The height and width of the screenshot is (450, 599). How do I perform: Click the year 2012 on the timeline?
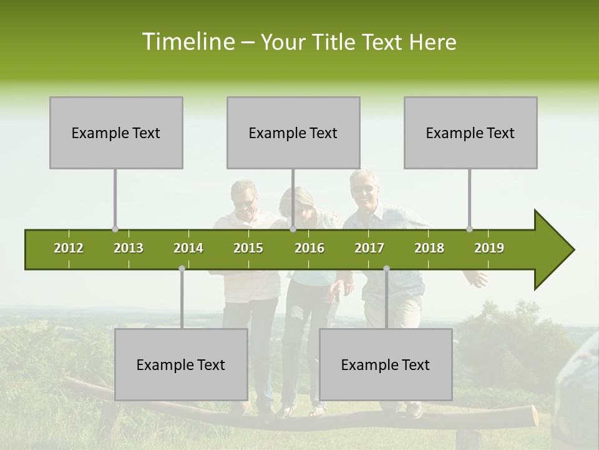click(69, 248)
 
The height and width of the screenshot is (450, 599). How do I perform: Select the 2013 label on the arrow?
click(129, 248)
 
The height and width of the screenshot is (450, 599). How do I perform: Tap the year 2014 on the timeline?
click(188, 248)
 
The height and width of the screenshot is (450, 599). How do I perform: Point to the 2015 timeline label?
click(248, 248)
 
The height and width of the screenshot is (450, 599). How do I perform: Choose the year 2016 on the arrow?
click(309, 248)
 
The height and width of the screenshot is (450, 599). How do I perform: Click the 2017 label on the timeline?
click(369, 248)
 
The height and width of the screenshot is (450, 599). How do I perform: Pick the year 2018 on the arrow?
click(429, 248)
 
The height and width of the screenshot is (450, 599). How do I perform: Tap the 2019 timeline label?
click(489, 248)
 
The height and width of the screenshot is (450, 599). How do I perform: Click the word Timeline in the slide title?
click(187, 42)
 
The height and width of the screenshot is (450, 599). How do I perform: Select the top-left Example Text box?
click(116, 132)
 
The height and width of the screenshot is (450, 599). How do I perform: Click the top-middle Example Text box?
click(293, 132)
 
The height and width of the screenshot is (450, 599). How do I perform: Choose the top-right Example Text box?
click(470, 132)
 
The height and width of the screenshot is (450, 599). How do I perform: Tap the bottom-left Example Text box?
click(181, 364)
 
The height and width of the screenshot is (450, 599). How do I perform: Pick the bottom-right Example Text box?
click(386, 364)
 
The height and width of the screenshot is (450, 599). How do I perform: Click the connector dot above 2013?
click(115, 229)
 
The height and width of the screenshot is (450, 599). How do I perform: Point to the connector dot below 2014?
click(182, 268)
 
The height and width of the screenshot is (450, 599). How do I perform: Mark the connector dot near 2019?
click(469, 229)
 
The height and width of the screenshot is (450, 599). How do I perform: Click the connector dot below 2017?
click(386, 268)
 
